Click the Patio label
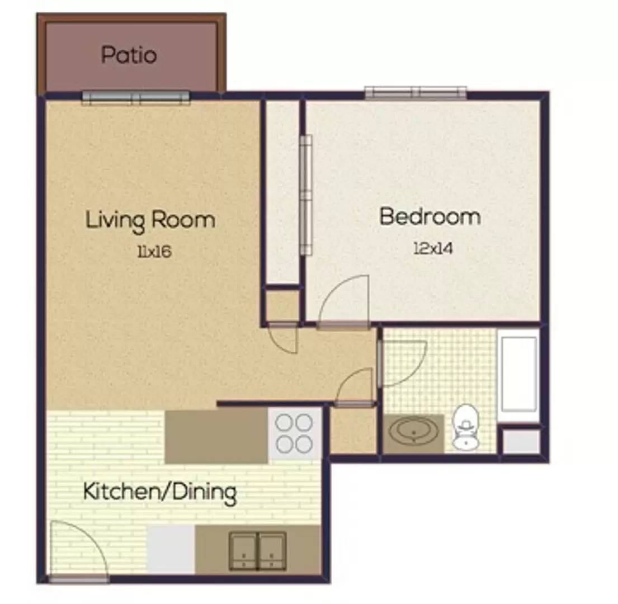129,55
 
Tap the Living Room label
150,220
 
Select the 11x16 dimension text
154,251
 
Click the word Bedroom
430,216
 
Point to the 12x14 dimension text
433,249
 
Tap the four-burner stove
294,433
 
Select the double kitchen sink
258,551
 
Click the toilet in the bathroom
465,427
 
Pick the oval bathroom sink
413,432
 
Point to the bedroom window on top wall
416,93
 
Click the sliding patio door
136,97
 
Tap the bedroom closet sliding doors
306,195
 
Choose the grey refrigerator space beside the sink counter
171,549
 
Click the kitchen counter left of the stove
216,437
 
